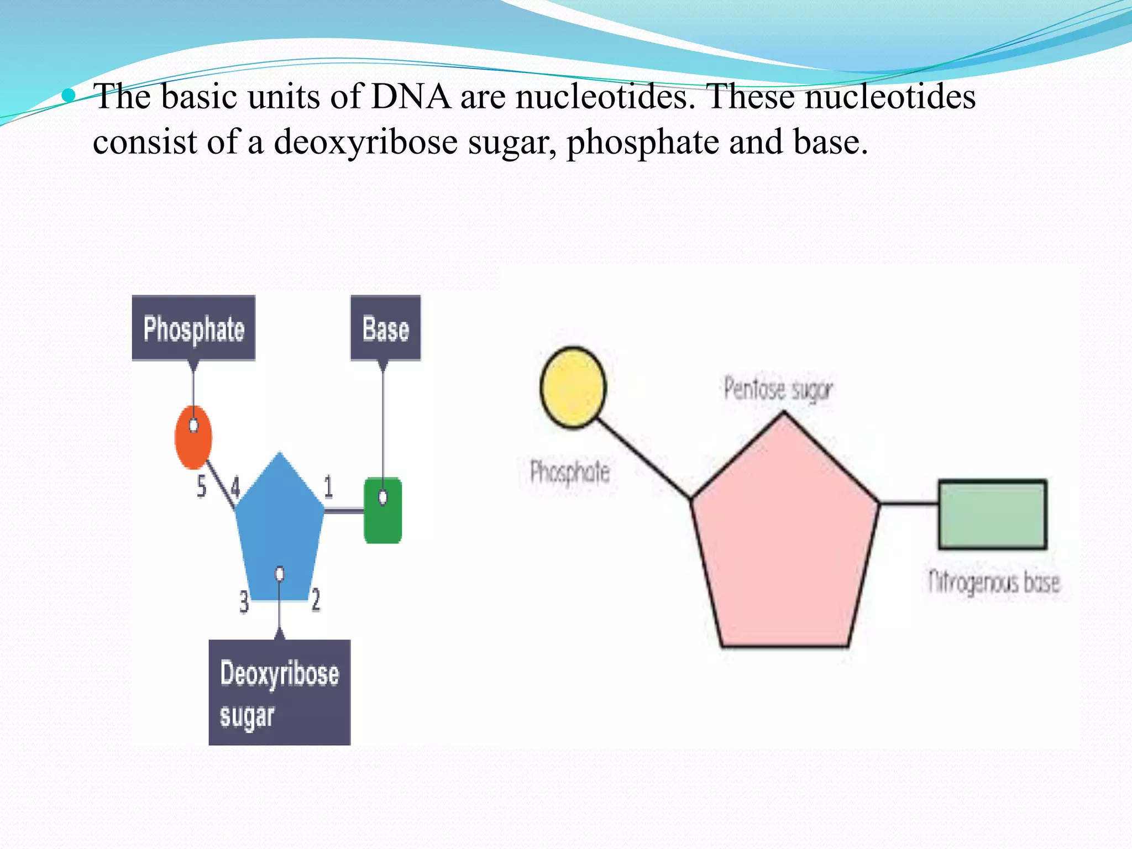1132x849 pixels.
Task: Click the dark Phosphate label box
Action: click(193, 328)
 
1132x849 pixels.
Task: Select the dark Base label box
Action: click(385, 328)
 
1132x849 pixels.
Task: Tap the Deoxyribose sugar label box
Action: click(279, 693)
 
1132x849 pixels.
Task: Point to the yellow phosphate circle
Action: click(573, 387)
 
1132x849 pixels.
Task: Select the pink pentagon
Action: click(784, 542)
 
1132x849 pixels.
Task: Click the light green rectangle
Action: click(992, 515)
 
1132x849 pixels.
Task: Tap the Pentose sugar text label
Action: click(778, 389)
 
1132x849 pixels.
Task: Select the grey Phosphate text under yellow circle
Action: click(569, 473)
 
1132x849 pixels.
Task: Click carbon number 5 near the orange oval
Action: click(202, 486)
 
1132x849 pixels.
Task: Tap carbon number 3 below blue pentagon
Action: click(244, 601)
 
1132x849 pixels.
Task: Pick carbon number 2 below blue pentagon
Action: click(316, 600)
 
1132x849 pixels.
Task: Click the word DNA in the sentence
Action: click(411, 97)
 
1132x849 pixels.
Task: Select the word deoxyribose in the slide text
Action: click(365, 143)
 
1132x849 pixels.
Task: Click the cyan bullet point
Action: click(69, 96)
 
